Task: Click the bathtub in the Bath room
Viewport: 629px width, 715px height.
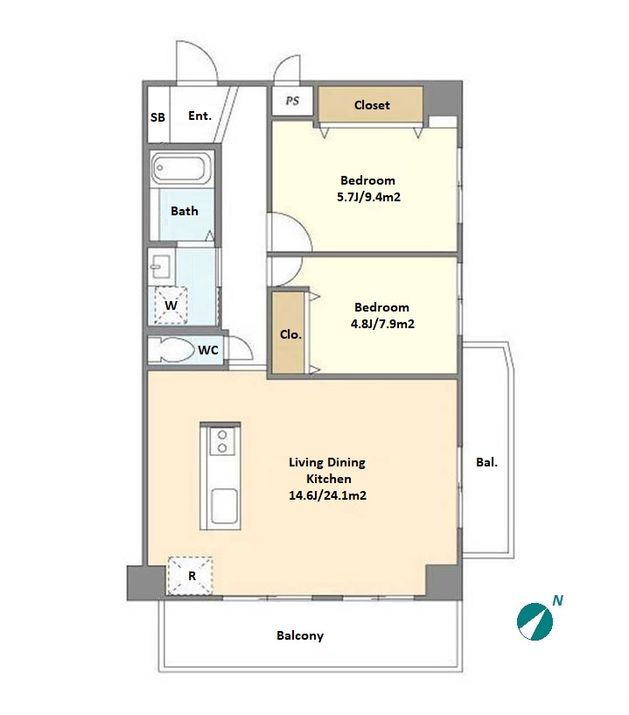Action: [181, 168]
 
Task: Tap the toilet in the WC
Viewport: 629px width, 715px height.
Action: [171, 350]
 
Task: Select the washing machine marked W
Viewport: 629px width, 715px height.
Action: [171, 305]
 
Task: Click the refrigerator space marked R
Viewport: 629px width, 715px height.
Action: [191, 576]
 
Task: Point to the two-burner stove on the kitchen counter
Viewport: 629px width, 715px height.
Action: [222, 441]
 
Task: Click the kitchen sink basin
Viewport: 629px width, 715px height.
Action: [224, 506]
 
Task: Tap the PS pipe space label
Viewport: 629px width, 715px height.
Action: [292, 101]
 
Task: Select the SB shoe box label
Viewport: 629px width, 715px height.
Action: [157, 117]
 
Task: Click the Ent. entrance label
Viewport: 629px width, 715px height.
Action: [199, 116]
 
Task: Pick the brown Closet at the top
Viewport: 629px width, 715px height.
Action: [371, 105]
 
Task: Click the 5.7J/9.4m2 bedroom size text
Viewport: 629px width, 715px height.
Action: [368, 197]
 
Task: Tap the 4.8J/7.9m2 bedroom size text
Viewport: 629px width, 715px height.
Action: [382, 324]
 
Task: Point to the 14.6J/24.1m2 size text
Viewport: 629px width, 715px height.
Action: [327, 495]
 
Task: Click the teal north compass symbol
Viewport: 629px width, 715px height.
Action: [535, 621]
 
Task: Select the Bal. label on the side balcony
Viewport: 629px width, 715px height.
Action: [486, 462]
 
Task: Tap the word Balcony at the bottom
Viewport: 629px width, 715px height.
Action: [300, 635]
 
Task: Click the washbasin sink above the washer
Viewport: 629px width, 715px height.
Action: [161, 265]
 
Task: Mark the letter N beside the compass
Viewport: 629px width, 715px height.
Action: [557, 600]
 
